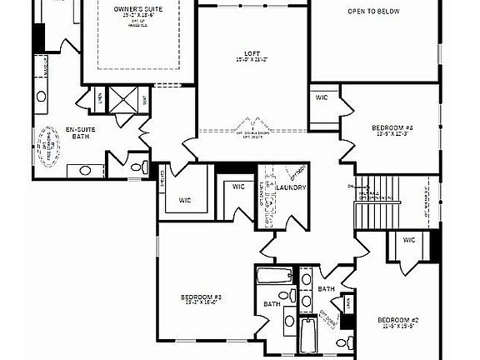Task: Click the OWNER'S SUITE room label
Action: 139,8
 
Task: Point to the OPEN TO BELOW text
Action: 374,12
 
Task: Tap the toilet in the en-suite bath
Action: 137,167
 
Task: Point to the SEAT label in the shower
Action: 146,100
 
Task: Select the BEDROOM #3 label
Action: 201,297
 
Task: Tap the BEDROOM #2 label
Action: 397,321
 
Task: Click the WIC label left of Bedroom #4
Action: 322,98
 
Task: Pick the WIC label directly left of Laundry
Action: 238,187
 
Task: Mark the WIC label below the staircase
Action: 408,240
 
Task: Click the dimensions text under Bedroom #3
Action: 201,303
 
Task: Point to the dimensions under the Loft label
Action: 251,60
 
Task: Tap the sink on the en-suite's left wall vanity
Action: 41,97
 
